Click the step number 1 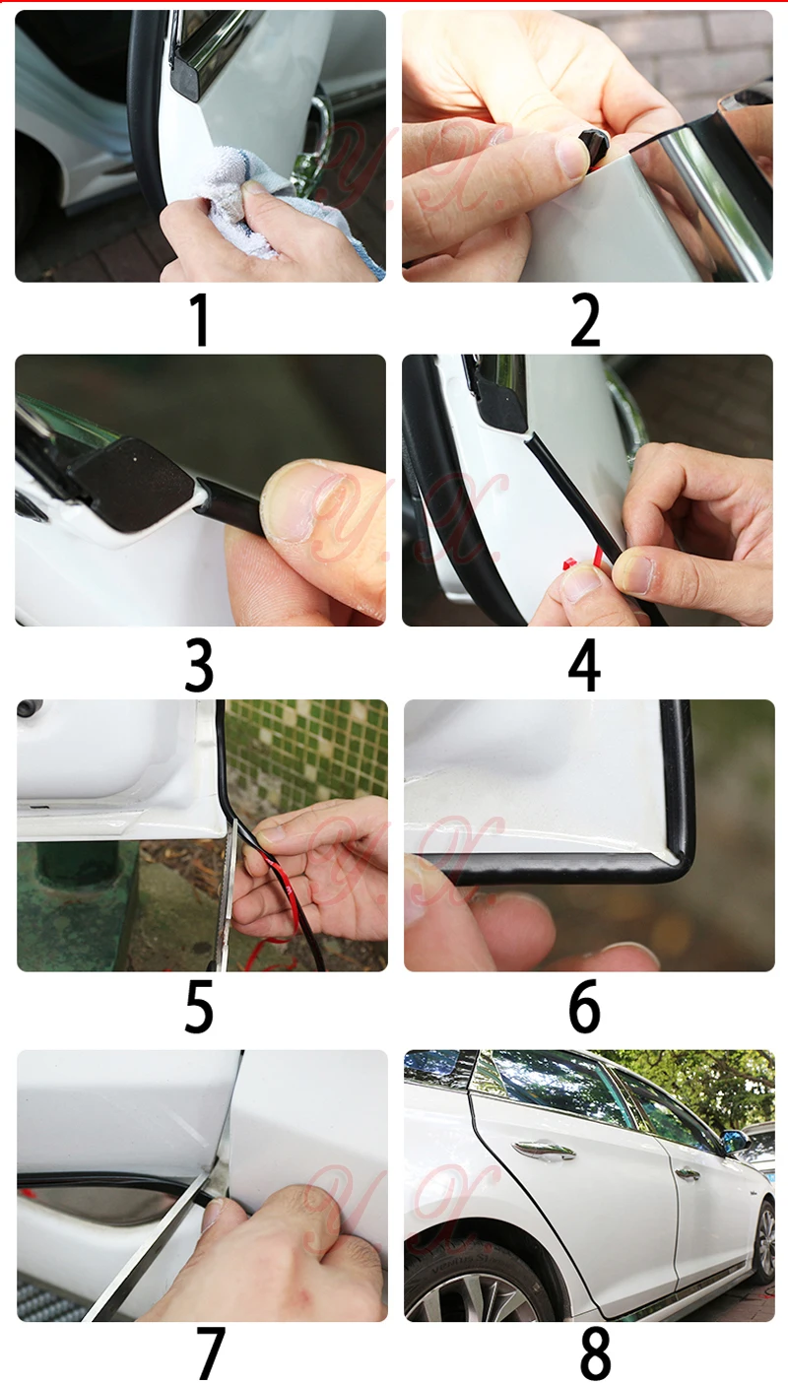click(x=201, y=320)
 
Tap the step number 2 click(x=585, y=320)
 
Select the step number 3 click(x=199, y=665)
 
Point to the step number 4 click(x=584, y=665)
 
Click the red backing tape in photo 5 click(x=285, y=896)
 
